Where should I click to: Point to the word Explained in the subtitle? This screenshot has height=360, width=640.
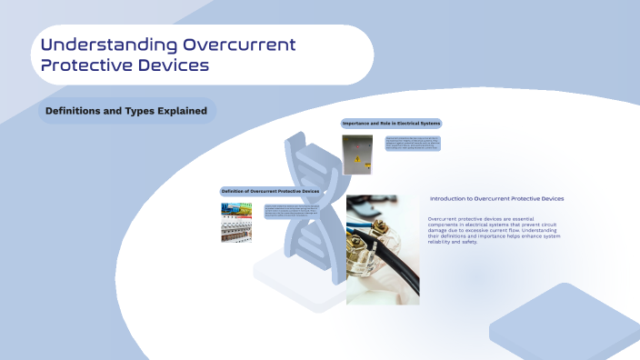(182, 112)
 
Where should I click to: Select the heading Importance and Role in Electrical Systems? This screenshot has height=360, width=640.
(391, 123)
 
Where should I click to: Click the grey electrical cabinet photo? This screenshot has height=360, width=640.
(356, 155)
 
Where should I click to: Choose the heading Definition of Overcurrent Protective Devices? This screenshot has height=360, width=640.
(270, 192)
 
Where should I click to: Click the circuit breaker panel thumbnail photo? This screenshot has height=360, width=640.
(235, 222)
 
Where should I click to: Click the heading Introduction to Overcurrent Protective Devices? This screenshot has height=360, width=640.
(496, 198)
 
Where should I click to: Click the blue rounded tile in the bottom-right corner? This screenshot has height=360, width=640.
(564, 324)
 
